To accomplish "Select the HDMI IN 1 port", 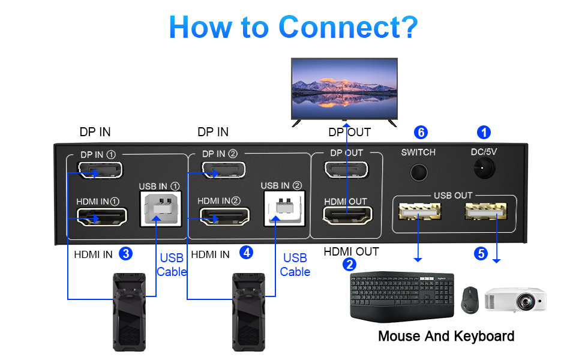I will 101,216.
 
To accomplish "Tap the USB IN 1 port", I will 160,209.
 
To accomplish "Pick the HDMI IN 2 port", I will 224,216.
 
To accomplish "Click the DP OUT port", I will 347,171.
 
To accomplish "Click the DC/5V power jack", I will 484,170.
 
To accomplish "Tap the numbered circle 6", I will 421,132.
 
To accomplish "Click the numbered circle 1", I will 484,132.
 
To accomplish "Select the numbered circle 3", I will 125,253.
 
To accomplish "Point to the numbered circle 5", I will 480,253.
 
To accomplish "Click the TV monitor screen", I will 344,83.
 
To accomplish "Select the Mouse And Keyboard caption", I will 446,336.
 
